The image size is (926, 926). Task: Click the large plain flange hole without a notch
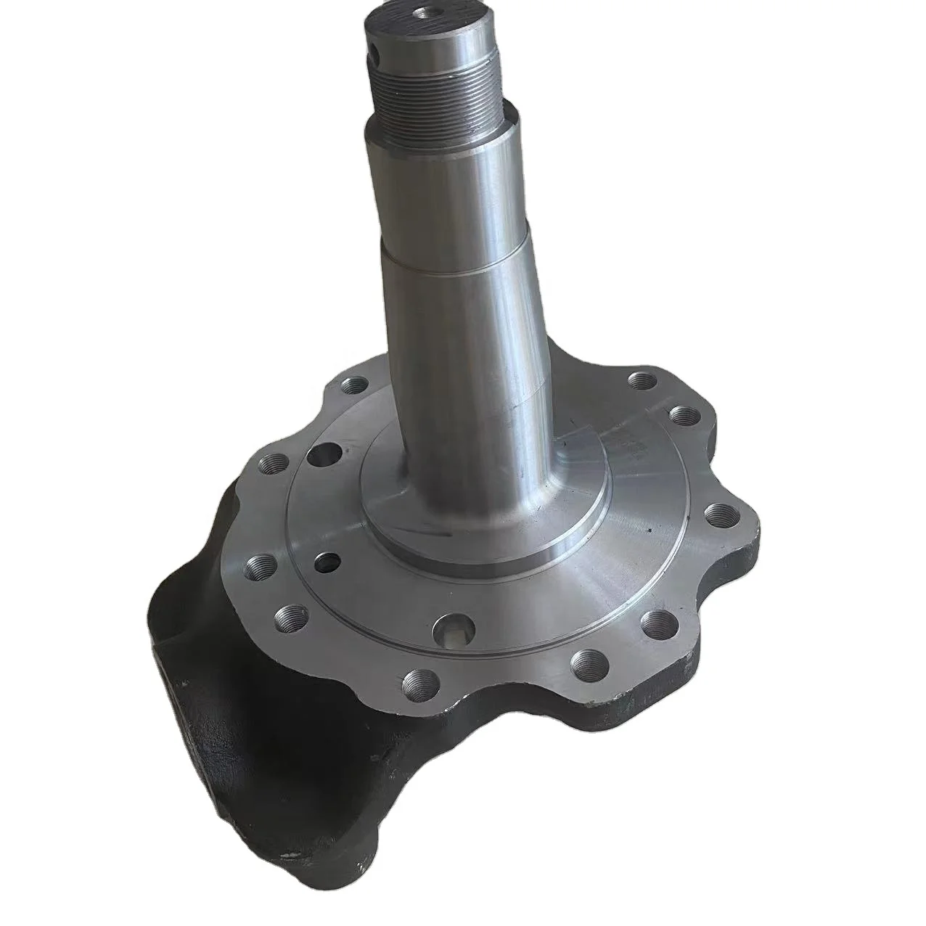pos(320,455)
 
